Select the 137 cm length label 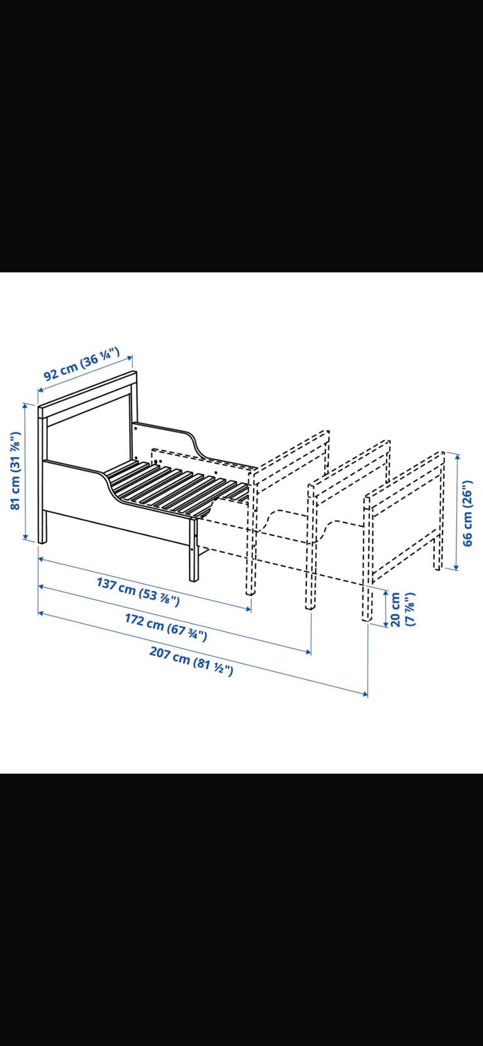pos(138,592)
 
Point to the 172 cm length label pos(165,628)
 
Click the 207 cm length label pos(191,661)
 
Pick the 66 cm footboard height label pos(468,512)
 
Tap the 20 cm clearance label pos(402,609)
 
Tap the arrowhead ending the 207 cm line pos(365,694)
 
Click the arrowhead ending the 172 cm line pos(308,651)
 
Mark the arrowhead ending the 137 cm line pos(248,607)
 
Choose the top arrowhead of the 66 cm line pos(456,456)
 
